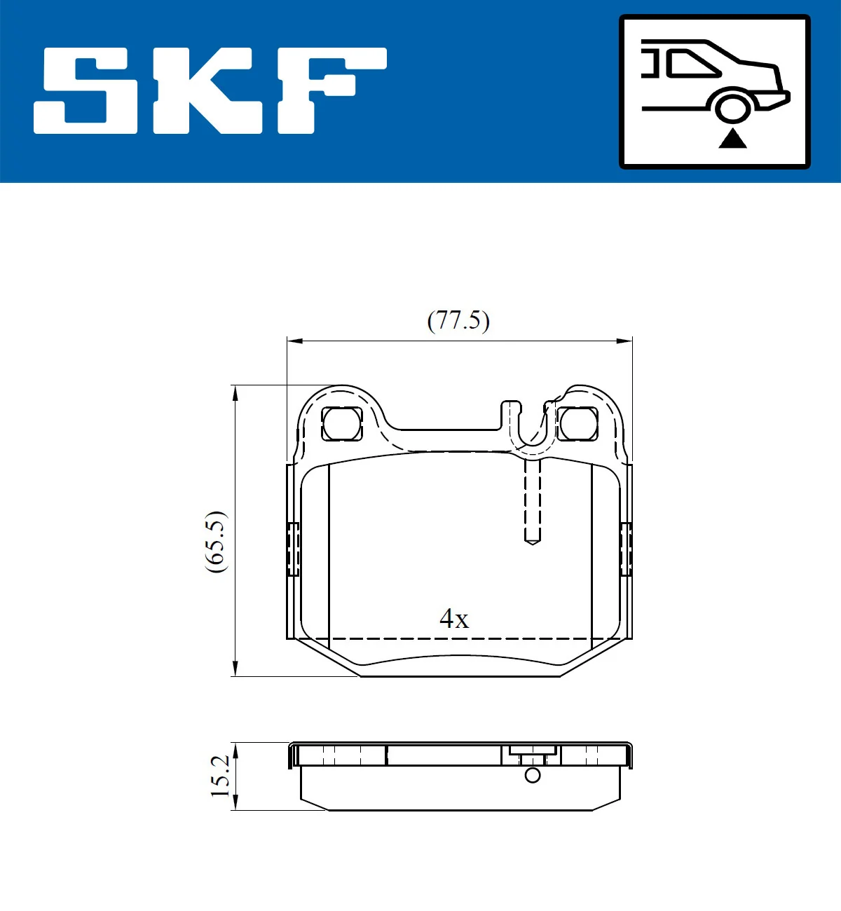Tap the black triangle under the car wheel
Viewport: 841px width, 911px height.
pos(732,139)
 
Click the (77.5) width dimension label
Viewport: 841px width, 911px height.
pos(458,320)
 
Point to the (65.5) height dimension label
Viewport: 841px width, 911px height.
pos(216,542)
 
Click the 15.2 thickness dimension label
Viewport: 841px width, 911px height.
pos(220,776)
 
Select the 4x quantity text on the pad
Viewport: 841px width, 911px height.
pos(453,619)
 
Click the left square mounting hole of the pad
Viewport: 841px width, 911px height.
pos(342,423)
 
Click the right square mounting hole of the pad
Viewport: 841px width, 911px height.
pos(578,423)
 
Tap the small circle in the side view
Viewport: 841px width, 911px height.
pos(533,775)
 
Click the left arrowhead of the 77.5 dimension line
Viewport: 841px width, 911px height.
pos(294,341)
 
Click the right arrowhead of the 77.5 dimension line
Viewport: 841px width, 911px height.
pos(625,341)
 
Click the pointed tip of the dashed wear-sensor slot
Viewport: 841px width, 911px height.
pos(533,542)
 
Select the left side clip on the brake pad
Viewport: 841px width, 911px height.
pos(293,549)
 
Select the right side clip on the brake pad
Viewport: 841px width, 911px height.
pos(626,549)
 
